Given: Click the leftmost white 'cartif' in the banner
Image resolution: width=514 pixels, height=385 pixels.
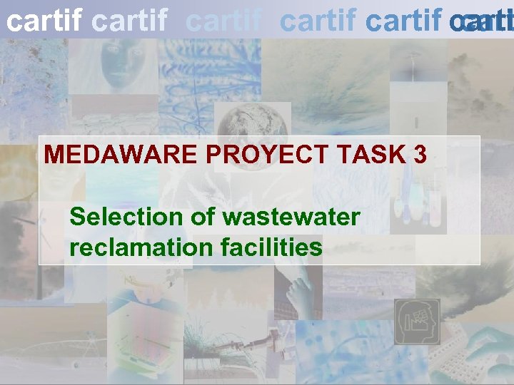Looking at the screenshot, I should click(44, 21).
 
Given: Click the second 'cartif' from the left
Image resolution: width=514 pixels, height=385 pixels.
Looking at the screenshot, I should click(131, 21).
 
